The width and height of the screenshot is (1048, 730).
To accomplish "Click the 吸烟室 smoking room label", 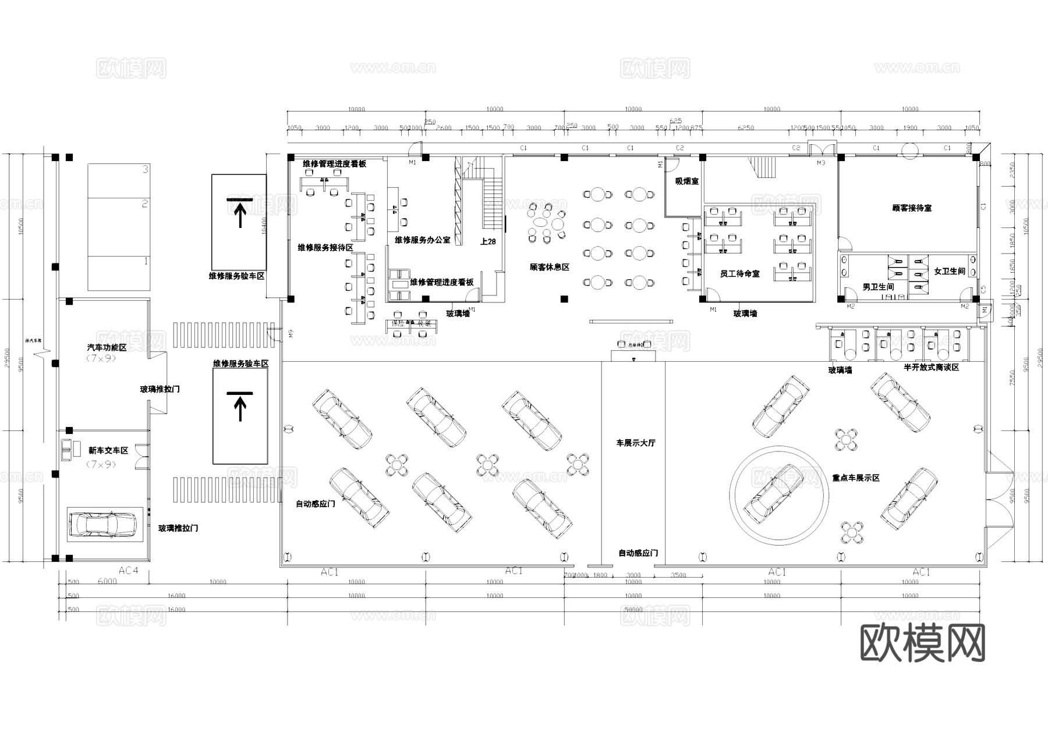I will (x=687, y=181).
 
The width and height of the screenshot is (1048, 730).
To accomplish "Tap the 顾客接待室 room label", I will (x=912, y=208).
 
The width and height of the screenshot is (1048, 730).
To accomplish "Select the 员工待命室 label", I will (x=739, y=273).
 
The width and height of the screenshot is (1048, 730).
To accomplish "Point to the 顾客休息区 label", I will (x=549, y=267).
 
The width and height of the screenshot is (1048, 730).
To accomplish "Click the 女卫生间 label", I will (x=950, y=271).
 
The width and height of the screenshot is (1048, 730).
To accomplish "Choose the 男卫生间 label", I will (x=878, y=287).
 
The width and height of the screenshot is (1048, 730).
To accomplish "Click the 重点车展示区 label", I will (x=855, y=478).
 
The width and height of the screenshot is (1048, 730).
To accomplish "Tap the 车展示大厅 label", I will (x=636, y=443).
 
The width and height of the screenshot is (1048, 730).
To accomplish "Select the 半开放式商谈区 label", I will (x=931, y=368).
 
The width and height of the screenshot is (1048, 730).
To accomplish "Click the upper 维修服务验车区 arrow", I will (x=239, y=212).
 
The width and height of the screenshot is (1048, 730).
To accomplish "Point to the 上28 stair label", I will (x=488, y=241).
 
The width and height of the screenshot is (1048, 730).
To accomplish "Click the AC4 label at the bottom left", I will (x=128, y=571).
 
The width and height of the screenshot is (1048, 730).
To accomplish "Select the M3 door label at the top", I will (x=820, y=163).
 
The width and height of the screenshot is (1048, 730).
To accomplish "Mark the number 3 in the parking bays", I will (x=146, y=169).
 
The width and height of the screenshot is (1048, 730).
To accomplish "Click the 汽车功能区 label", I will (x=107, y=347).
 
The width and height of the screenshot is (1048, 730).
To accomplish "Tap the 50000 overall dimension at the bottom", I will (x=633, y=610).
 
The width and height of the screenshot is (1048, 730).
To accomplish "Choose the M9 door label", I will (x=291, y=333).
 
